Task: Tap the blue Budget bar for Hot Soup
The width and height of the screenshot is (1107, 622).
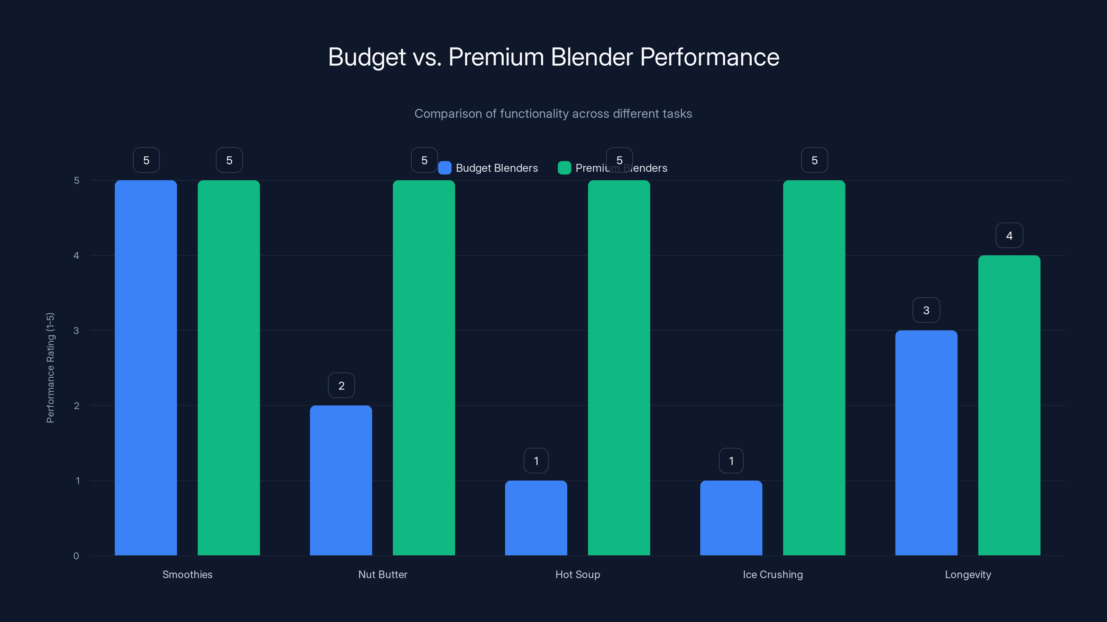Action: coord(536,518)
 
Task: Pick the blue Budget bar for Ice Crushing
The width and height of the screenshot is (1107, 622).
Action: coord(731,518)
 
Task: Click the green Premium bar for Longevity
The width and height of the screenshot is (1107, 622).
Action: coord(1009,405)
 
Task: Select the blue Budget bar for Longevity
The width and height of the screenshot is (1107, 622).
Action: coord(926,443)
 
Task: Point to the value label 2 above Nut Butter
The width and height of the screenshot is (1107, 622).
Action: coord(341,386)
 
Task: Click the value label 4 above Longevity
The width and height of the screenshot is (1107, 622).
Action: coord(1009,235)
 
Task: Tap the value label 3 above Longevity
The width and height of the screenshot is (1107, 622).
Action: coord(926,310)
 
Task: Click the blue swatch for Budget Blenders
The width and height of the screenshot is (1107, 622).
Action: coord(444,168)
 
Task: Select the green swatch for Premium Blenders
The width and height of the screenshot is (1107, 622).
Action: coord(564,168)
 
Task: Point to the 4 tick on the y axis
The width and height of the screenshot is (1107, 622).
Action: coord(76,255)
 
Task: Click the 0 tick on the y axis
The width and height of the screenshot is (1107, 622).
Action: coord(76,556)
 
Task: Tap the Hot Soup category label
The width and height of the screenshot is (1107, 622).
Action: coord(578,574)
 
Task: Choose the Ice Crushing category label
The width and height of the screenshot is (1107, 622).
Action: coord(773,574)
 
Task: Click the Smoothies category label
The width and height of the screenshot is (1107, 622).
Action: coord(187,574)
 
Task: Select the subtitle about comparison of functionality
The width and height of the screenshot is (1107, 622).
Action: coord(553,113)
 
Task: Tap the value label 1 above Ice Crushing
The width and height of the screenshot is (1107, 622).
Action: coord(731,461)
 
